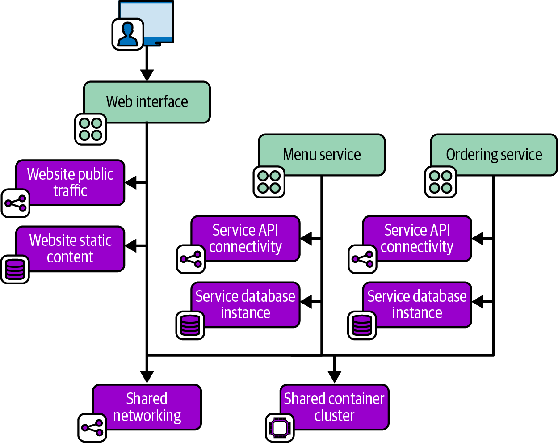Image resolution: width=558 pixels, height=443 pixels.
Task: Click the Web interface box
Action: pos(147,102)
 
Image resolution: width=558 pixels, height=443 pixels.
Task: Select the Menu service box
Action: pos(322,155)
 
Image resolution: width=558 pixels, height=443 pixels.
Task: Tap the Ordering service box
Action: pos(494,155)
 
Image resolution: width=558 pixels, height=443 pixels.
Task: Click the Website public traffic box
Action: pos(70,182)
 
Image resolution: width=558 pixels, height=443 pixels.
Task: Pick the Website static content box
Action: pos(70,249)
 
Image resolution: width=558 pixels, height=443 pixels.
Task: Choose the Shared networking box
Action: pos(147,407)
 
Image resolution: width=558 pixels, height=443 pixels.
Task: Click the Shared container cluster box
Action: pos(334,407)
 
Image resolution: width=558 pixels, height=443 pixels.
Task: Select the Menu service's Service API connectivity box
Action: pos(245,238)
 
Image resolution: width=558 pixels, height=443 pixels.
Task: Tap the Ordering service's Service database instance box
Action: pos(417,304)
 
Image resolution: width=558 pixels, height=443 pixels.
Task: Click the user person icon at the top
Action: pos(128,34)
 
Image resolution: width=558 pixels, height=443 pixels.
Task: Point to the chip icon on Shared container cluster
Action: pos(280,428)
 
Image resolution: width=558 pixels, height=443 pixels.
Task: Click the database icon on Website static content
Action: pos(15,270)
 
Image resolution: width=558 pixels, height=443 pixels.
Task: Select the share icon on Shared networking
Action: pos(92,428)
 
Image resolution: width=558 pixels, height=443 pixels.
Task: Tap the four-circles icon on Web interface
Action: pos(90,129)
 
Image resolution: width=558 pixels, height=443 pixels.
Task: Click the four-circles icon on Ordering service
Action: pos(441,182)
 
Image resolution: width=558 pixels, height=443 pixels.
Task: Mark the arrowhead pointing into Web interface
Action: pos(147,75)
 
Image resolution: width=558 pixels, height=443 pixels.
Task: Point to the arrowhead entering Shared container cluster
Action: pos(334,377)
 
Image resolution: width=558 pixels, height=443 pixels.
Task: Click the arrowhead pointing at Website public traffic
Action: pos(130,182)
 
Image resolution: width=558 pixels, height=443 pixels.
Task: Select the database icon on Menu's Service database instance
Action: pos(190,325)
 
